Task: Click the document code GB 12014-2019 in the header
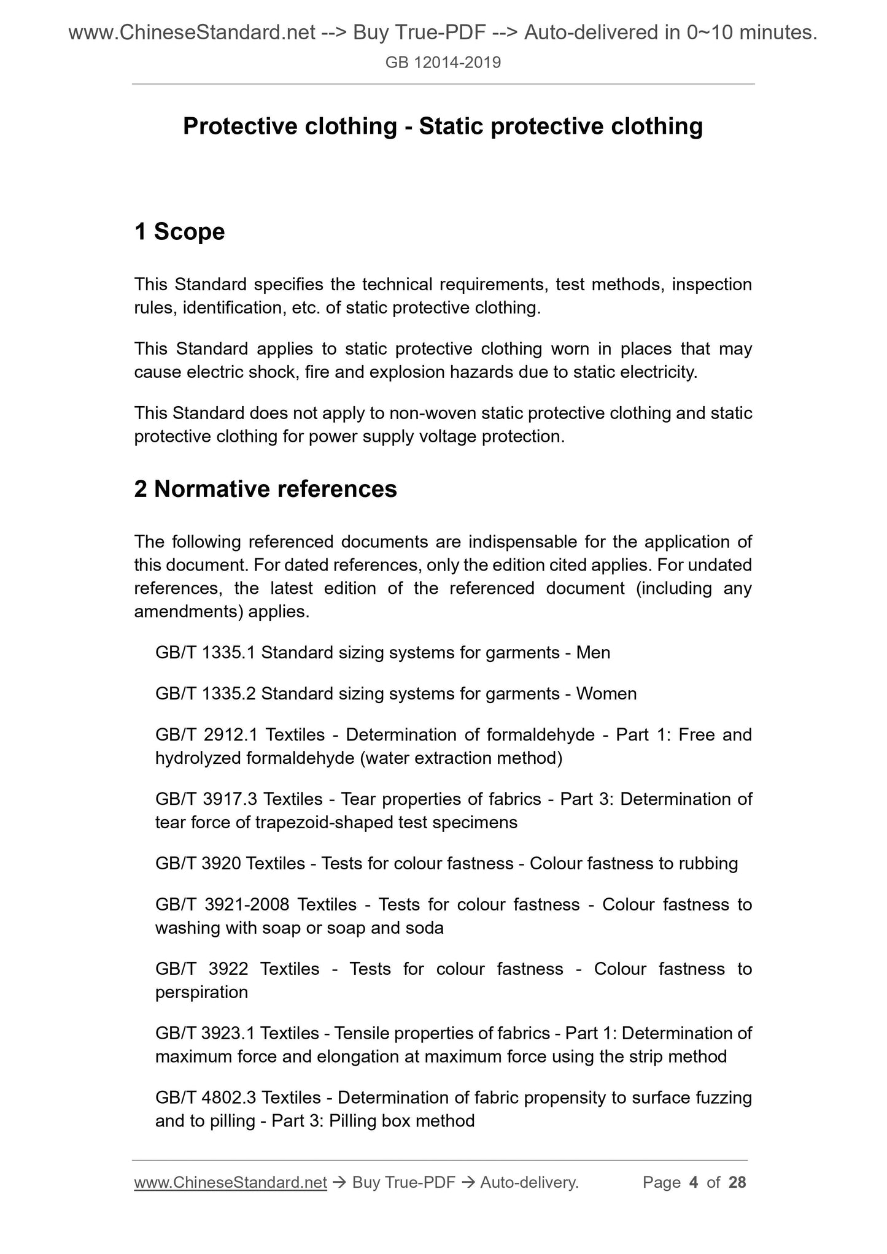point(443,63)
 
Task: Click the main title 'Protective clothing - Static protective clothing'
point(443,126)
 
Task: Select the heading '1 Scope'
point(179,232)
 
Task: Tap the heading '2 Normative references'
point(265,489)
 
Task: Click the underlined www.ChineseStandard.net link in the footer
point(230,1182)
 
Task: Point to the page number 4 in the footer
point(694,1182)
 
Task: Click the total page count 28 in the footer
point(737,1182)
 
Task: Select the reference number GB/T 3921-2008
point(222,905)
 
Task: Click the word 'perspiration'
point(201,993)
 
